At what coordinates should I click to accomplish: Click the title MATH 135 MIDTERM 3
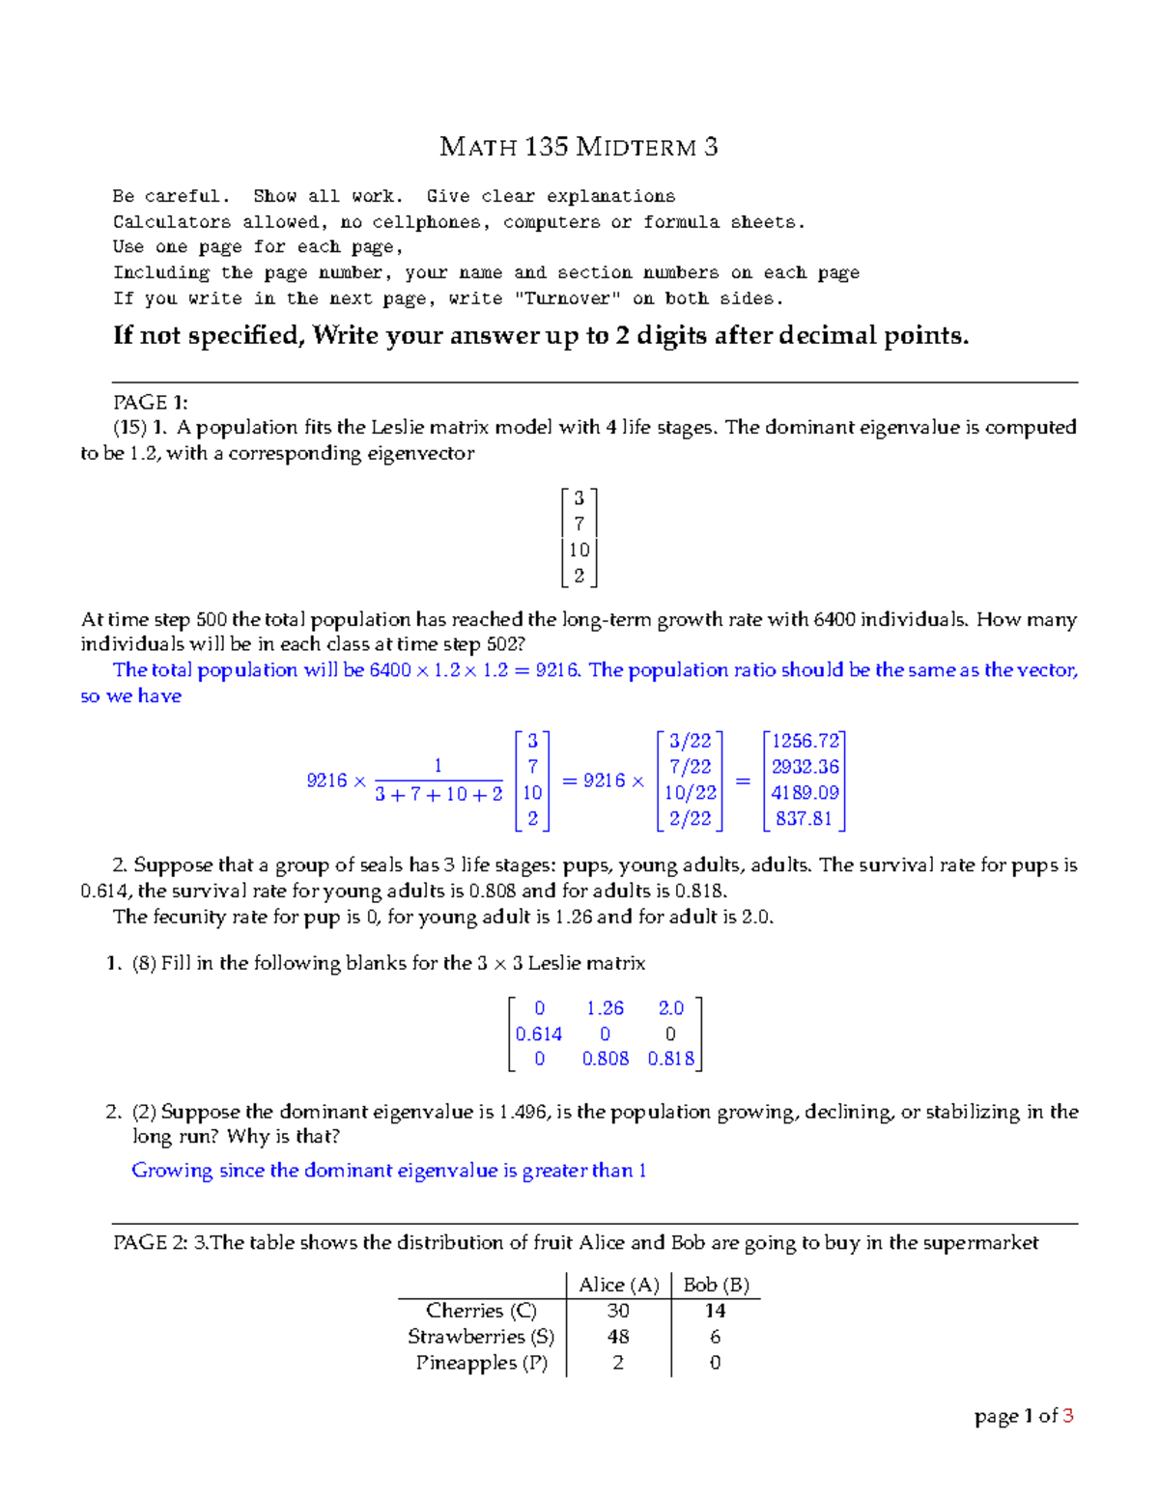pos(579,147)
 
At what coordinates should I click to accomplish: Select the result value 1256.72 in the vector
pos(806,741)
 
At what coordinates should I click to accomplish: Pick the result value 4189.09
pos(806,793)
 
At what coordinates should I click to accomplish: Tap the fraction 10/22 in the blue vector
pos(691,793)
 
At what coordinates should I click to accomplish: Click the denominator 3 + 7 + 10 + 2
pos(438,795)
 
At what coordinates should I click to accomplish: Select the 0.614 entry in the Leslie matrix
pos(539,1033)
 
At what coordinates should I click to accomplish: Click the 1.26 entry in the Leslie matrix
pos(606,1008)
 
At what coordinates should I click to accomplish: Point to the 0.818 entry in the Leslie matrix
pos(671,1059)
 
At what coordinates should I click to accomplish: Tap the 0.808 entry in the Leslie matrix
pos(606,1059)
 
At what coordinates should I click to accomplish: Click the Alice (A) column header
pos(618,1285)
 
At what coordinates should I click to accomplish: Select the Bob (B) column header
pos(716,1285)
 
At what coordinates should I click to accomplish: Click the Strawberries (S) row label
pos(481,1337)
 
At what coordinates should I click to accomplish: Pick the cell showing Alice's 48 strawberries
pos(618,1337)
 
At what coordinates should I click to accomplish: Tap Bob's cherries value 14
pos(715,1311)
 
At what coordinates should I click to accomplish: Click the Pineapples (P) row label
pos(482,1363)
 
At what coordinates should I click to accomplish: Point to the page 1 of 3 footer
pos(1024,1416)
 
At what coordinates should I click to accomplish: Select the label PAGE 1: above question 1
pos(151,403)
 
